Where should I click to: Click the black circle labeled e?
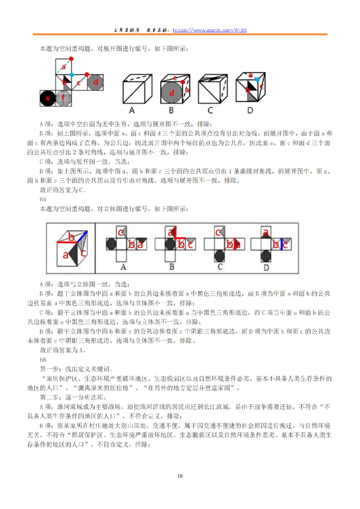[x=47, y=98]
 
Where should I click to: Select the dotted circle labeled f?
[x=64, y=98]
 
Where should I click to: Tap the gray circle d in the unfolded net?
[x=95, y=82]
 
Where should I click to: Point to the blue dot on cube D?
[x=257, y=79]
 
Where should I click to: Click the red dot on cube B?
[x=183, y=81]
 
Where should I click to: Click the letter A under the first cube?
[x=132, y=110]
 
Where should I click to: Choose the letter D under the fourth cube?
[x=250, y=110]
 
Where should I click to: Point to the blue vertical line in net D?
[x=282, y=245]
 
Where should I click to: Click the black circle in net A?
[x=110, y=245]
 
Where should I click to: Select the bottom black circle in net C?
[x=219, y=256]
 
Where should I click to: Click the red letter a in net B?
[x=171, y=232]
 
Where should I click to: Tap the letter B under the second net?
[x=171, y=267]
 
